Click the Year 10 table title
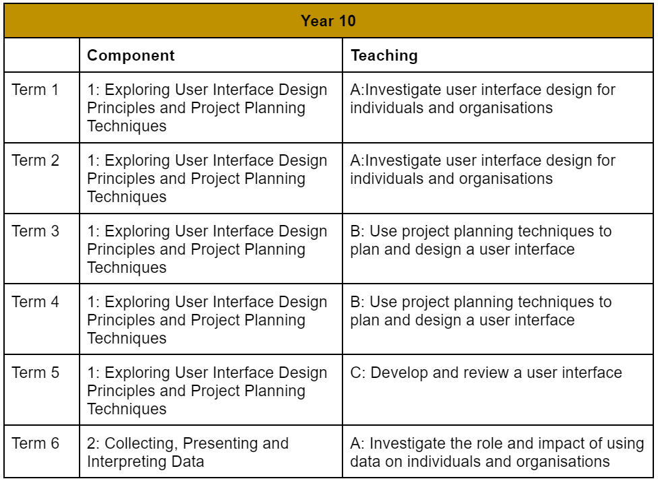[x=328, y=21]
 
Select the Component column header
[x=131, y=55]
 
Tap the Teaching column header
[x=384, y=55]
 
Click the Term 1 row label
[x=35, y=90]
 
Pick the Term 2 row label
[x=35, y=160]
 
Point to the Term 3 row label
[x=35, y=231]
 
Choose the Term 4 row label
[x=35, y=302]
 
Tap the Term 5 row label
[x=35, y=373]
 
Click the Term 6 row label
[x=35, y=443]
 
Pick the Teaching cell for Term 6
[x=497, y=452]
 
